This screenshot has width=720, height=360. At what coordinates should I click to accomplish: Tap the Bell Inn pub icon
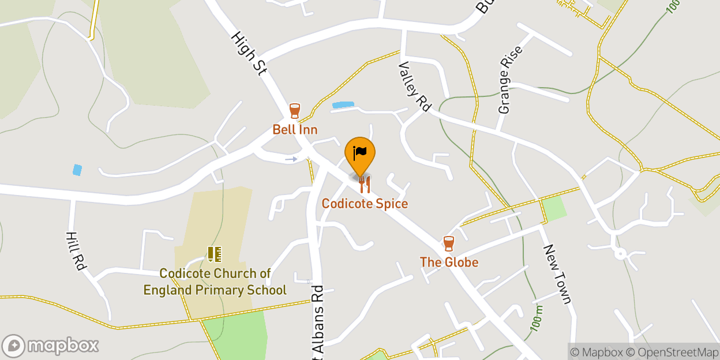point(295,110)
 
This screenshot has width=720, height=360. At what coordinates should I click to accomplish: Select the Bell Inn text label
point(295,129)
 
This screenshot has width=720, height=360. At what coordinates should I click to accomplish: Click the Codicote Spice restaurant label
point(365,204)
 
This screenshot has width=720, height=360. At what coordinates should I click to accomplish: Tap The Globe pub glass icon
point(449,243)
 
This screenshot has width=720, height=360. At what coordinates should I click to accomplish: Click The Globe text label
point(449,262)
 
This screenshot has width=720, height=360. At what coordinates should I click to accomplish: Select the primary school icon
point(215,254)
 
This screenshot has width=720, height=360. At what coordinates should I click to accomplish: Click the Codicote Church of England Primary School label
point(215,282)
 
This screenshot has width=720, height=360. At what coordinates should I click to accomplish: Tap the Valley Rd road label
point(415,86)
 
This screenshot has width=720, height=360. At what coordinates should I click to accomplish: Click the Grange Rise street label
point(511,80)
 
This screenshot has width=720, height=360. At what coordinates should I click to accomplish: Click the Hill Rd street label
point(76,251)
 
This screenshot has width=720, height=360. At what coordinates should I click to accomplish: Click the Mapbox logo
point(50,346)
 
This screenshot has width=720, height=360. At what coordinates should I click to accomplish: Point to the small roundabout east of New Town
point(620,253)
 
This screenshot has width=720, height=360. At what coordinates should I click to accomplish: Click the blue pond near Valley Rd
point(343,104)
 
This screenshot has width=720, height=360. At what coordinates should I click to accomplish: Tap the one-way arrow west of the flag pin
point(291,159)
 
